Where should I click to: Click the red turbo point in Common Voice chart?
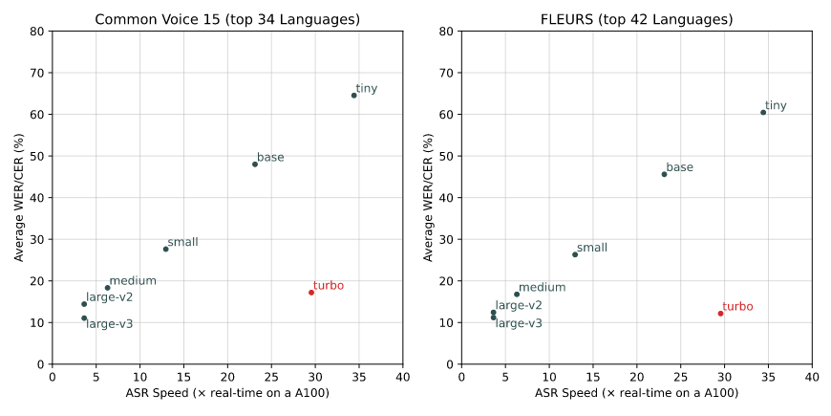pos(311,293)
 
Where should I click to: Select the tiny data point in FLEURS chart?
pos(763,112)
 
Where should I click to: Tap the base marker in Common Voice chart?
pos(255,164)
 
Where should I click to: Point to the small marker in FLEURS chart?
pos(575,254)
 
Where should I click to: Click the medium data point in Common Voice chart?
pos(107,288)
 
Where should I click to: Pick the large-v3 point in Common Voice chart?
pos(84,318)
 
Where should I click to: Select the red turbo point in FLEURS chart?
pos(721,314)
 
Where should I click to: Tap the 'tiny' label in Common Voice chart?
pos(367,89)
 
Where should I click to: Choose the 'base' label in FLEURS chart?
pos(680,167)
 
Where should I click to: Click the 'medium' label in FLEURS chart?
pos(543,287)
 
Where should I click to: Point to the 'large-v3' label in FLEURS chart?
pos(519,323)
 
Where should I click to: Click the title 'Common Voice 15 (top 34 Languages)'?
pos(226,19)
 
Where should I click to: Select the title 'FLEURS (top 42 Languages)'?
pos(636,19)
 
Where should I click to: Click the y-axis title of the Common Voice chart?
pos(19,197)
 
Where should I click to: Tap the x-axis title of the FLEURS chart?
pos(636,393)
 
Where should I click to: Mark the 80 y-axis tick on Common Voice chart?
pos(37,31)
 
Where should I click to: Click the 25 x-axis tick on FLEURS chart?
pos(680,377)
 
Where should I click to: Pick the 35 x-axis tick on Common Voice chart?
pos(358,377)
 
